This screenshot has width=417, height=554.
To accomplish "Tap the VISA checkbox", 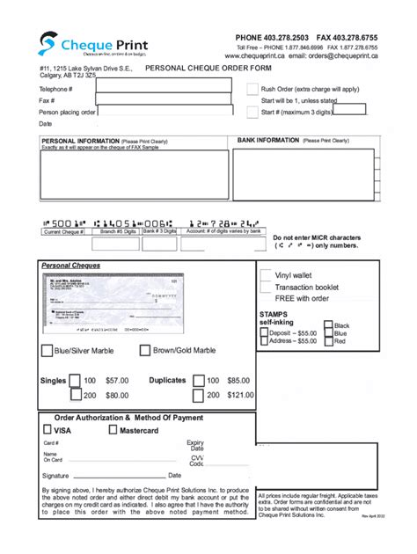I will pyautogui.click(x=47, y=431).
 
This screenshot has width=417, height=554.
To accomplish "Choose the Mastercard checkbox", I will pyautogui.click(x=113, y=431).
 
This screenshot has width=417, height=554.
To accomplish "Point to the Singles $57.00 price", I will pyautogui.click(x=117, y=381).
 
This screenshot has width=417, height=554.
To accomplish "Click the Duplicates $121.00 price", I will pyautogui.click(x=239, y=396).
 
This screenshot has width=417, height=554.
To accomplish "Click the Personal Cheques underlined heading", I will pyautogui.click(x=71, y=265).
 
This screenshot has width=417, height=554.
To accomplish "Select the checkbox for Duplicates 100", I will pyautogui.click(x=200, y=381).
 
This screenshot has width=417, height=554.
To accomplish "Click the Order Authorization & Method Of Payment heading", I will pyautogui.click(x=129, y=418).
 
